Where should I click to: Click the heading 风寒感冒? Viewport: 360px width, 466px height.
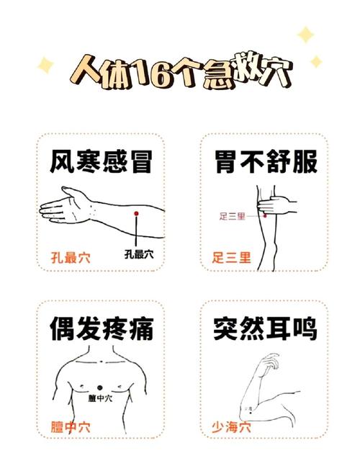pos(102,161)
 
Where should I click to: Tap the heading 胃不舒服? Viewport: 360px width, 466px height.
pos(266,161)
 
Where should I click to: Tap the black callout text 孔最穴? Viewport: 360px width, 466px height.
pos(138,254)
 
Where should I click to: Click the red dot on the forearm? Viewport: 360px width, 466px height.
pos(135,214)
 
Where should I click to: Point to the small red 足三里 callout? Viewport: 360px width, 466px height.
pos(232,215)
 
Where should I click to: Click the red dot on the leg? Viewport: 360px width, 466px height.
pos(264,215)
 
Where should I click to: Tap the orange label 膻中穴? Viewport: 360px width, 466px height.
pos(70,425)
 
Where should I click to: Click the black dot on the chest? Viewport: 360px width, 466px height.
pos(100,390)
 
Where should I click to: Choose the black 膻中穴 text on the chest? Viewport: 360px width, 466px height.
pos(100,398)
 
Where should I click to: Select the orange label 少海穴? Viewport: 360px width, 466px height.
pos(231,425)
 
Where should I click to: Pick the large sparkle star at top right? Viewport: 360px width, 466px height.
pos(305,35)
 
